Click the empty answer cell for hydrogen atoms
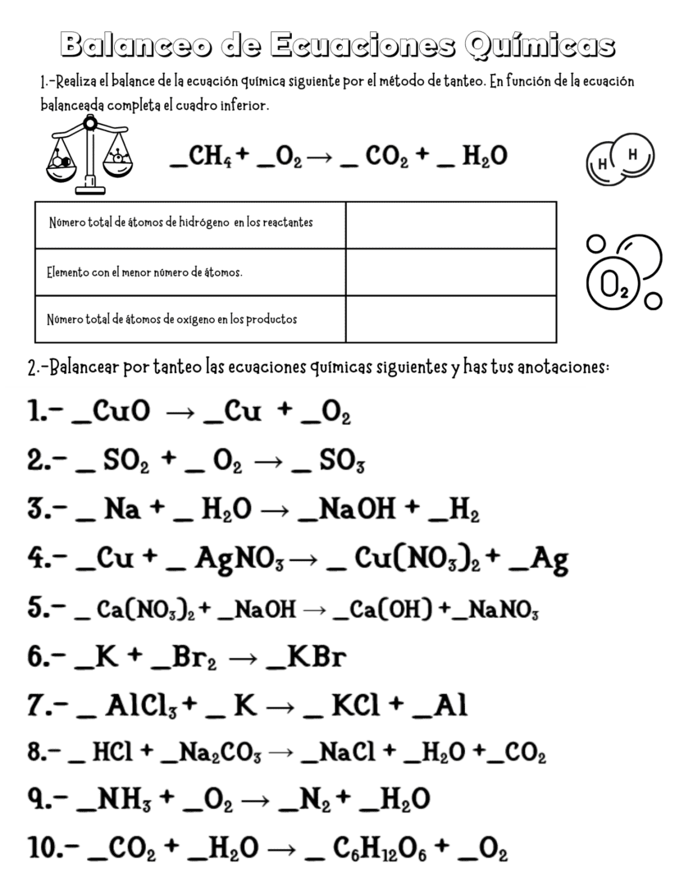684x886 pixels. pos(450,225)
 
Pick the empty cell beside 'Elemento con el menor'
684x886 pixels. pos(450,272)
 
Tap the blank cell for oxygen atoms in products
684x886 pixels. pos(450,318)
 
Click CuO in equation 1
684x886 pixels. pos(122,413)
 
